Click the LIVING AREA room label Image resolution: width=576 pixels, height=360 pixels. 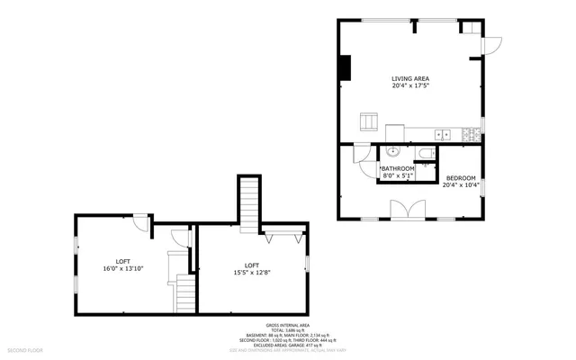point(409,78)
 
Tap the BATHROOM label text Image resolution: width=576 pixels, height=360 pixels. point(397,168)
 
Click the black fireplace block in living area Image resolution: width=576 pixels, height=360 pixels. point(344,67)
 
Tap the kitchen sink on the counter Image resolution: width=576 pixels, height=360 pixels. point(442,135)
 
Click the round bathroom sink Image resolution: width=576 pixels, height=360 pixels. point(391,153)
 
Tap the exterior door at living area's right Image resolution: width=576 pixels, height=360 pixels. point(491,43)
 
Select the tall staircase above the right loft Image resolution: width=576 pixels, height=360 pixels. point(249,202)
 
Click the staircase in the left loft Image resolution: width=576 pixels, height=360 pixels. point(184,292)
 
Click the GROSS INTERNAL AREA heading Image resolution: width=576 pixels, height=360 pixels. point(288,325)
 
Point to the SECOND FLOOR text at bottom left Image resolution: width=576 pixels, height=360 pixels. point(25,348)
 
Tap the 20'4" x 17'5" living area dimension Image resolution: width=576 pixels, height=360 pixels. point(409,86)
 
